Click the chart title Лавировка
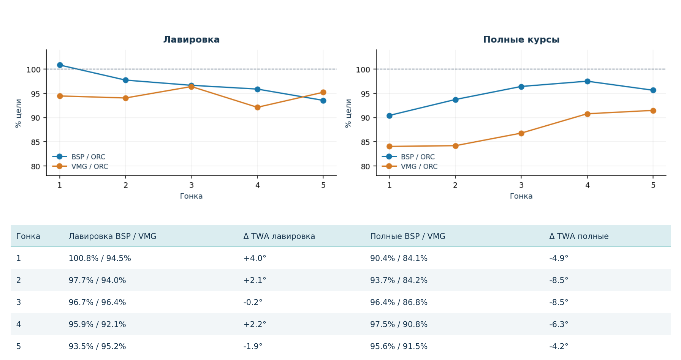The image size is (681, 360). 191,39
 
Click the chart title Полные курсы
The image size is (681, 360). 521,39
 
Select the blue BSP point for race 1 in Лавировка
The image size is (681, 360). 60,65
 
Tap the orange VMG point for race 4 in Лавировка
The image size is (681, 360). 258,107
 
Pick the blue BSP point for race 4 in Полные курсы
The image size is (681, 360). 588,81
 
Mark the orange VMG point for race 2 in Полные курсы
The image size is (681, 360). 456,146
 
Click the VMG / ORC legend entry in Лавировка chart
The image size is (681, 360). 80,166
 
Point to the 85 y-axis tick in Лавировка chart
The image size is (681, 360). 35,142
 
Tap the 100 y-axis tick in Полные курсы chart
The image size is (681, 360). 363,69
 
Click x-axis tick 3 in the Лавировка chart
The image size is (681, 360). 192,185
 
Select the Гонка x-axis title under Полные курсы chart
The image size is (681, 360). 521,196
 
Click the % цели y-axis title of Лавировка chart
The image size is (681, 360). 18,113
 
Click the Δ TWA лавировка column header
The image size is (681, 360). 279,236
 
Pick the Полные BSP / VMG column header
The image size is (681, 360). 408,236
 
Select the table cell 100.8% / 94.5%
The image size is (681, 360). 100,258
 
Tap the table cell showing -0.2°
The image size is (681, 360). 253,302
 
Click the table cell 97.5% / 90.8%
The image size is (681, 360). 399,324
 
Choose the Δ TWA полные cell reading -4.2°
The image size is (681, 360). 559,346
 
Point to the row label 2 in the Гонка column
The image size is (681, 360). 19,280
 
